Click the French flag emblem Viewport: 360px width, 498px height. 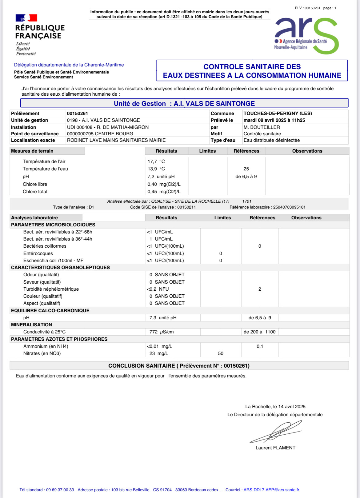(26, 18)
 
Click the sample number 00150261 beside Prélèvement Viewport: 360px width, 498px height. (78, 114)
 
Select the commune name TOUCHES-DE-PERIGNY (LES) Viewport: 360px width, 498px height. (278, 114)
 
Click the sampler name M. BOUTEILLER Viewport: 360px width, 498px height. (262, 127)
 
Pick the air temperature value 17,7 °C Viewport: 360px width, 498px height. (156, 161)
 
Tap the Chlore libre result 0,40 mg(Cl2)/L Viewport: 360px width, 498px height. (164, 184)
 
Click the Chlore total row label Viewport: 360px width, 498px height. (35, 192)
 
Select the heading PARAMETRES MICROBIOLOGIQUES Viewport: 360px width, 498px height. (53, 225)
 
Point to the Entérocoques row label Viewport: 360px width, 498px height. (38, 253)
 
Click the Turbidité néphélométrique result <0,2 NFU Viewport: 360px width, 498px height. (158, 289)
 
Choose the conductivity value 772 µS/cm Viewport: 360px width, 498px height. (162, 332)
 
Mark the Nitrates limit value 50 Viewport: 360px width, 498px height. (221, 353)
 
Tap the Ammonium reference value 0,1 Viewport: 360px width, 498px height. (260, 346)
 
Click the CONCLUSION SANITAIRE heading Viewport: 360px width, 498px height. (179, 366)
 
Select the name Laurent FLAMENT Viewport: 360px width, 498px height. (275, 448)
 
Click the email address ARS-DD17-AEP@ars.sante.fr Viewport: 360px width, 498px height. (271, 490)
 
